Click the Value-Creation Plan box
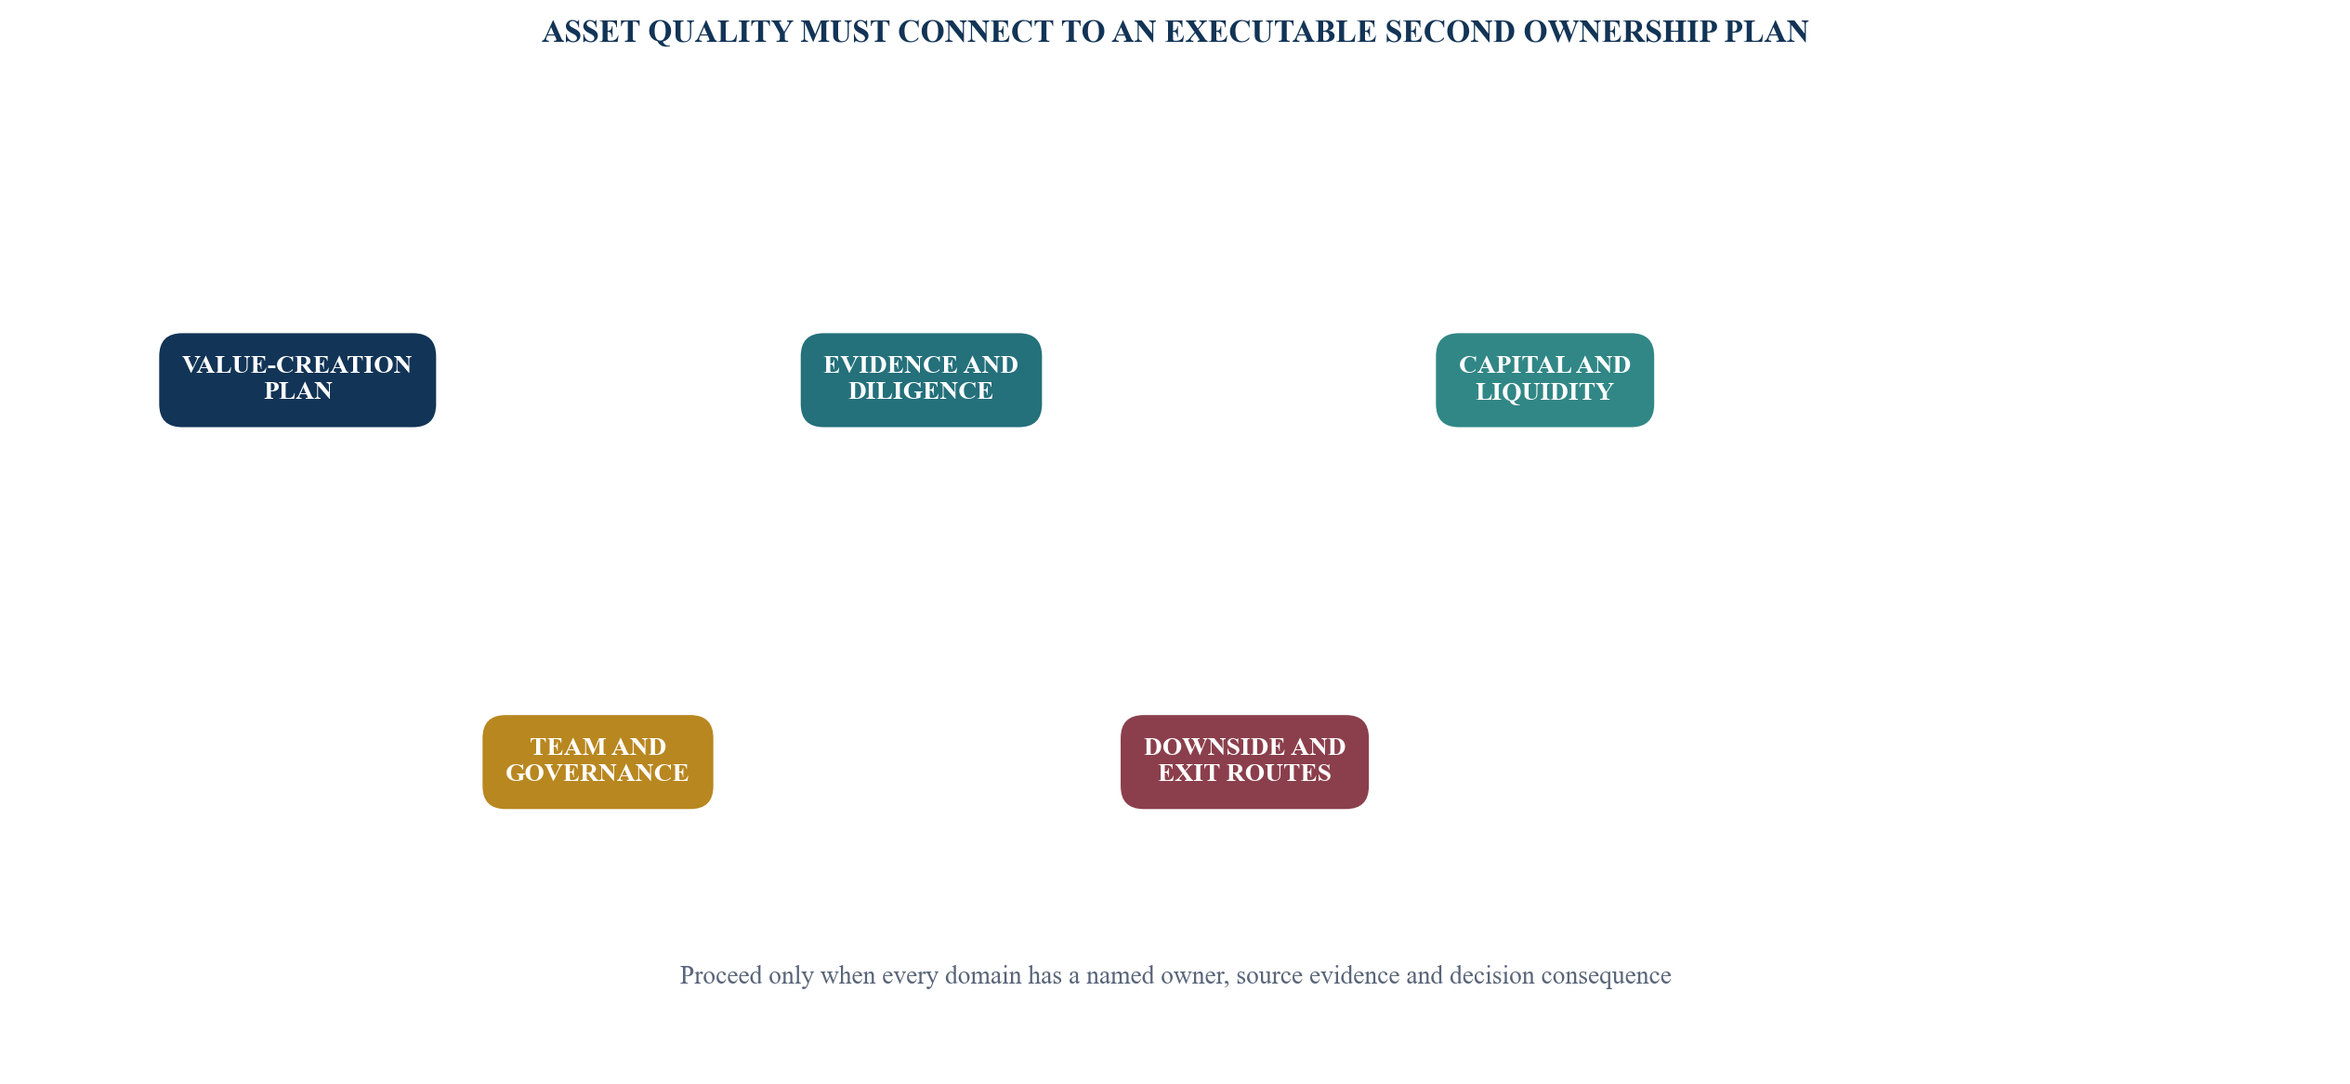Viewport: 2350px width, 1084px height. [x=297, y=380]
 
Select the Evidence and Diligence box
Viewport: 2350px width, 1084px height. [x=921, y=380]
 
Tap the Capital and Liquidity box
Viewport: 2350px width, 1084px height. [x=1544, y=380]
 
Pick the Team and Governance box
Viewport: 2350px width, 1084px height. [x=597, y=762]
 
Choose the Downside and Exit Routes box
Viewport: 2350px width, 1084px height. [x=1244, y=762]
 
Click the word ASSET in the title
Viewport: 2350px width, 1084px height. [x=591, y=32]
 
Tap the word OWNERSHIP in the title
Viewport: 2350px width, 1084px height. [x=1621, y=32]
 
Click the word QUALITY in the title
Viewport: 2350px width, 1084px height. [x=718, y=32]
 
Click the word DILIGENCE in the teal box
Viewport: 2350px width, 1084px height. [x=921, y=391]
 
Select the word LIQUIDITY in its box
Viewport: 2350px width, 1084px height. [x=1544, y=392]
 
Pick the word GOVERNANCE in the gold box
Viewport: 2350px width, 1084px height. [x=597, y=773]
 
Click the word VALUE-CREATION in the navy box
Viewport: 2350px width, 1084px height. [x=297, y=365]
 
